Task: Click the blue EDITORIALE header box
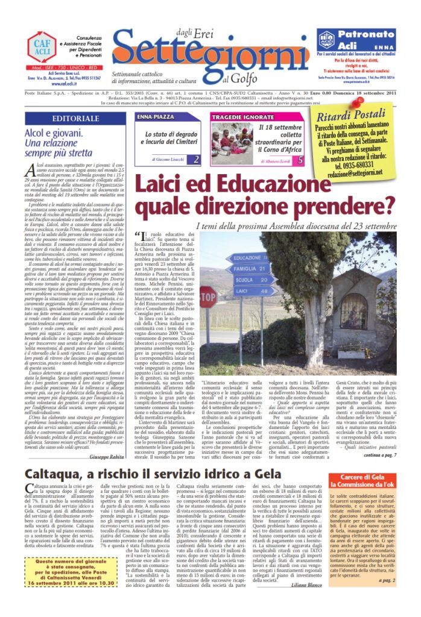point(75,118)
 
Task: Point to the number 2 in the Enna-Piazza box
point(196,160)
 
